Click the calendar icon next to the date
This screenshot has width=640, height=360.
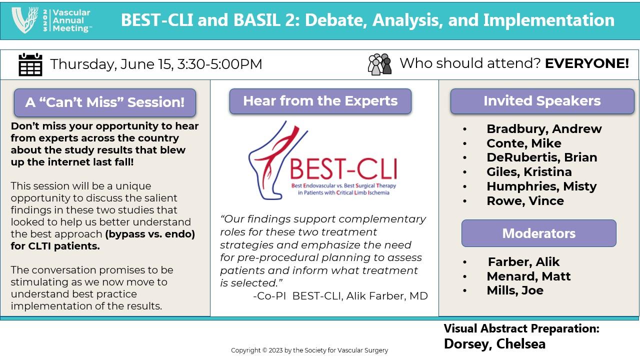pos(30,64)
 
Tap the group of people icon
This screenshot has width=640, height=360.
pos(379,64)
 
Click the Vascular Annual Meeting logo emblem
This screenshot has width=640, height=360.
pos(25,20)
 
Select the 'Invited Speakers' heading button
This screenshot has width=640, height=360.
pos(542,101)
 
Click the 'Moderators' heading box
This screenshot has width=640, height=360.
pos(538,233)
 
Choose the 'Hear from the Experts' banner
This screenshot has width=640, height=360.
pos(320,101)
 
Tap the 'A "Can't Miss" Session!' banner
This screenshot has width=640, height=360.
pos(104,102)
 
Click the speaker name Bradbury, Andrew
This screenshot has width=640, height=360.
pos(543,129)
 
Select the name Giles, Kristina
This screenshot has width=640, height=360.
pos(528,172)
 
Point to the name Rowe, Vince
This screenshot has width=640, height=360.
pos(524,201)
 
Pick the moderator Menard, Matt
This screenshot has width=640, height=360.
pos(528,276)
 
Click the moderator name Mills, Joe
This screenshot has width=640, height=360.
pos(514,290)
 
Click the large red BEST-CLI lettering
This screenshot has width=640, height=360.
pos(343,169)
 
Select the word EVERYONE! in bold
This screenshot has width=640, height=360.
pos(586,63)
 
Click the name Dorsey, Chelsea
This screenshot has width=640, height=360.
pos(494,344)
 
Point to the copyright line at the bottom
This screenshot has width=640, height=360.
pos(309,350)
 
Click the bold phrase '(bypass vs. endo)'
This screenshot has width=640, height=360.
pos(149,234)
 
